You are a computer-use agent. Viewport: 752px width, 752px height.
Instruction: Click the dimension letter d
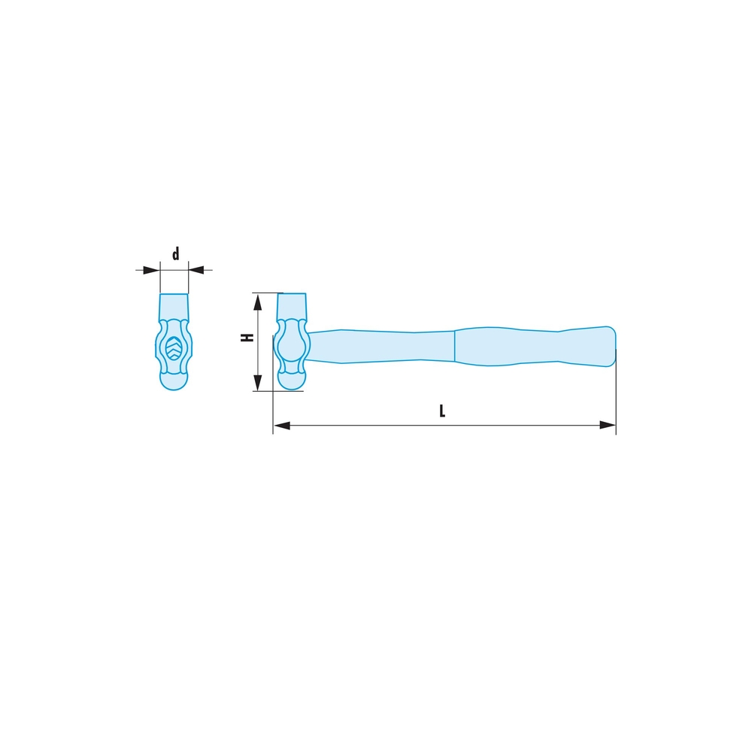(x=175, y=254)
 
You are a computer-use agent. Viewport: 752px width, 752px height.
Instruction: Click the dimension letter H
(x=245, y=339)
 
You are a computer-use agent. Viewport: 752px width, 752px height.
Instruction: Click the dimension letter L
(x=442, y=411)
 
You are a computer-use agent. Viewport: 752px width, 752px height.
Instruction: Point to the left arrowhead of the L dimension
(x=282, y=426)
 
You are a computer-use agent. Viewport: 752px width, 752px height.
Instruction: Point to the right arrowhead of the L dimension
(x=607, y=426)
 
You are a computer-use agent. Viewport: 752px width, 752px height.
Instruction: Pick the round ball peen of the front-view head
(x=174, y=380)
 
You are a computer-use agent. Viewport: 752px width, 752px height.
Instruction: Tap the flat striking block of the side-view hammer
(x=292, y=305)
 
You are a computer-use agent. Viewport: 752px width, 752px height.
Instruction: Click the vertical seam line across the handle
(x=454, y=347)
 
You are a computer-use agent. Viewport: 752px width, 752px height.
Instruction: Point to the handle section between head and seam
(x=384, y=346)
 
